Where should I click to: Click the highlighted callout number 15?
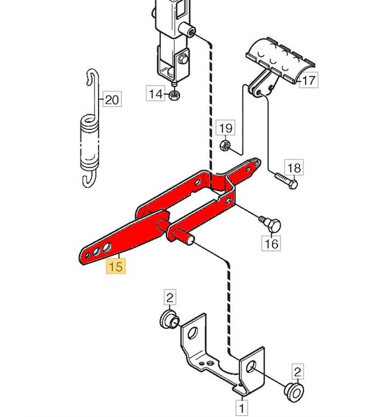click(116, 266)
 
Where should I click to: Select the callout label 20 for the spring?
click(112, 100)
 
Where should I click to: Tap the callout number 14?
click(155, 94)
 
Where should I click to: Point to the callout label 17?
click(309, 81)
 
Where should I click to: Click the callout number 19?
click(225, 129)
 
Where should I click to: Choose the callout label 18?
click(294, 168)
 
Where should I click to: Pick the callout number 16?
click(272, 244)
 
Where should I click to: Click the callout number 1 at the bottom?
click(241, 407)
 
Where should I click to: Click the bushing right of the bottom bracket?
click(292, 389)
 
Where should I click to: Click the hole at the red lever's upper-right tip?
click(257, 164)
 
